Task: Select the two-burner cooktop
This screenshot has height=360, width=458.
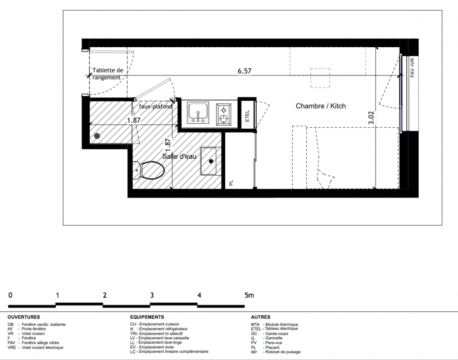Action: coord(224,114)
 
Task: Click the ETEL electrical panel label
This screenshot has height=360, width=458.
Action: coord(247,116)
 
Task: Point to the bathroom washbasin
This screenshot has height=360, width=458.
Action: coord(208,161)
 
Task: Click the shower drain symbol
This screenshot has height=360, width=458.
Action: coord(97,136)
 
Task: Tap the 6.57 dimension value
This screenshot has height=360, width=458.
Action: coord(245,71)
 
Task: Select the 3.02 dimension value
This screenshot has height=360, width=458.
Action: coord(371,117)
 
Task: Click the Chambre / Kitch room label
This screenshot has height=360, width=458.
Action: coord(321,106)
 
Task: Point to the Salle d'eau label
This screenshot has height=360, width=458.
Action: coord(179,157)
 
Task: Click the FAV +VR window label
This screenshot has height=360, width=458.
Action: coord(413,68)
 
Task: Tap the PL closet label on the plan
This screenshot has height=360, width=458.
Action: coord(231,183)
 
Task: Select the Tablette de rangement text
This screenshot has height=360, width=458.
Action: coord(108,74)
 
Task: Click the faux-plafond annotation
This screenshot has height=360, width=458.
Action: coord(155,107)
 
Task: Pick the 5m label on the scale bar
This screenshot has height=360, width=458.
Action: coord(249,295)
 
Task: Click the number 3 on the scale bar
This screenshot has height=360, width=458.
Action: coord(152,295)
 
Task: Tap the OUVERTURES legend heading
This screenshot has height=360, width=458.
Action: coord(24,317)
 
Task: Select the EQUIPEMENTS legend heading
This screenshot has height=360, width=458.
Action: coord(147,317)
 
